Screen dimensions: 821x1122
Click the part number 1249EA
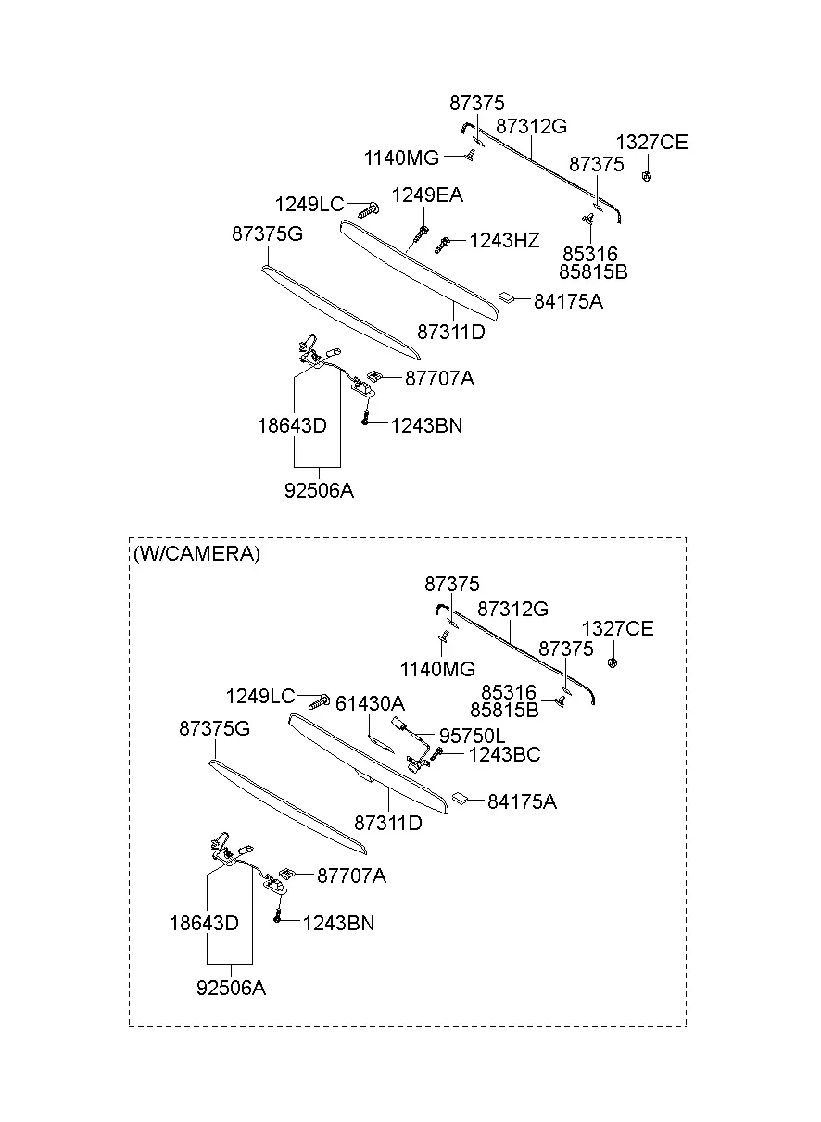point(427,195)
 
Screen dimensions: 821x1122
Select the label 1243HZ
point(504,241)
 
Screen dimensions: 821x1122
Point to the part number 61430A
point(370,704)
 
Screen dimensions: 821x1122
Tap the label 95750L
point(473,736)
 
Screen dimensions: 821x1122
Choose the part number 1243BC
point(504,754)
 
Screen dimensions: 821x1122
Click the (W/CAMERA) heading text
point(196,553)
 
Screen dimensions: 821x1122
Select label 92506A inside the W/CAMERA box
point(231,988)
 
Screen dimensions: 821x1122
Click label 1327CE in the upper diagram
point(651,143)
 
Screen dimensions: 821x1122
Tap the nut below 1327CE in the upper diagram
point(646,176)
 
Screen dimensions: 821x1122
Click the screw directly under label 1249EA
point(423,233)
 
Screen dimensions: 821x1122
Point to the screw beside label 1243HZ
point(442,245)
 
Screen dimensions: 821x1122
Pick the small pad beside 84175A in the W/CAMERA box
point(461,798)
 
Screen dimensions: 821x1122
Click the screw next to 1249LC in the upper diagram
point(369,209)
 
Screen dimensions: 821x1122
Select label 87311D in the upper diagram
point(451,332)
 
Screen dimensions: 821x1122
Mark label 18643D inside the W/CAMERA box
point(204,923)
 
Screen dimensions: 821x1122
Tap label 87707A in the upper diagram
point(439,378)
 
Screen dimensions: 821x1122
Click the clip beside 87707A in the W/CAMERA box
point(286,874)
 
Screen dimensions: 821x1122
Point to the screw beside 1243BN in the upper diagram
point(366,417)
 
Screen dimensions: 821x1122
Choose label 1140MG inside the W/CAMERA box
point(437,669)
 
